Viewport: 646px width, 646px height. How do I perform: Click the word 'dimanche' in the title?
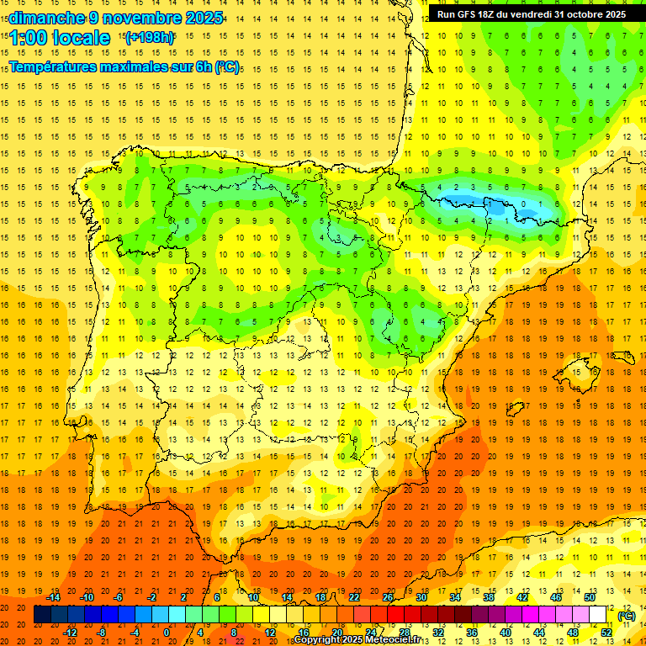(x=46, y=18)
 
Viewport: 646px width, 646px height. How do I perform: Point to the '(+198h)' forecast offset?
(x=149, y=37)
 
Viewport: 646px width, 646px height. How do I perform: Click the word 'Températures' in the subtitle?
(x=58, y=66)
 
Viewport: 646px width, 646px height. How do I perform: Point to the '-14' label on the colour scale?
(x=55, y=597)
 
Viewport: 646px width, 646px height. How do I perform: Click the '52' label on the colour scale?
(x=606, y=633)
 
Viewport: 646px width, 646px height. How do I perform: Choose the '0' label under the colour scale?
(x=167, y=633)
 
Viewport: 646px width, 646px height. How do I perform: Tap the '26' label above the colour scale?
(x=388, y=597)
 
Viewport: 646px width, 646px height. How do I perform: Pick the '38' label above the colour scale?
(x=488, y=597)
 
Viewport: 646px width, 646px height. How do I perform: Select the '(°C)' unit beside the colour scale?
(x=627, y=616)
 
